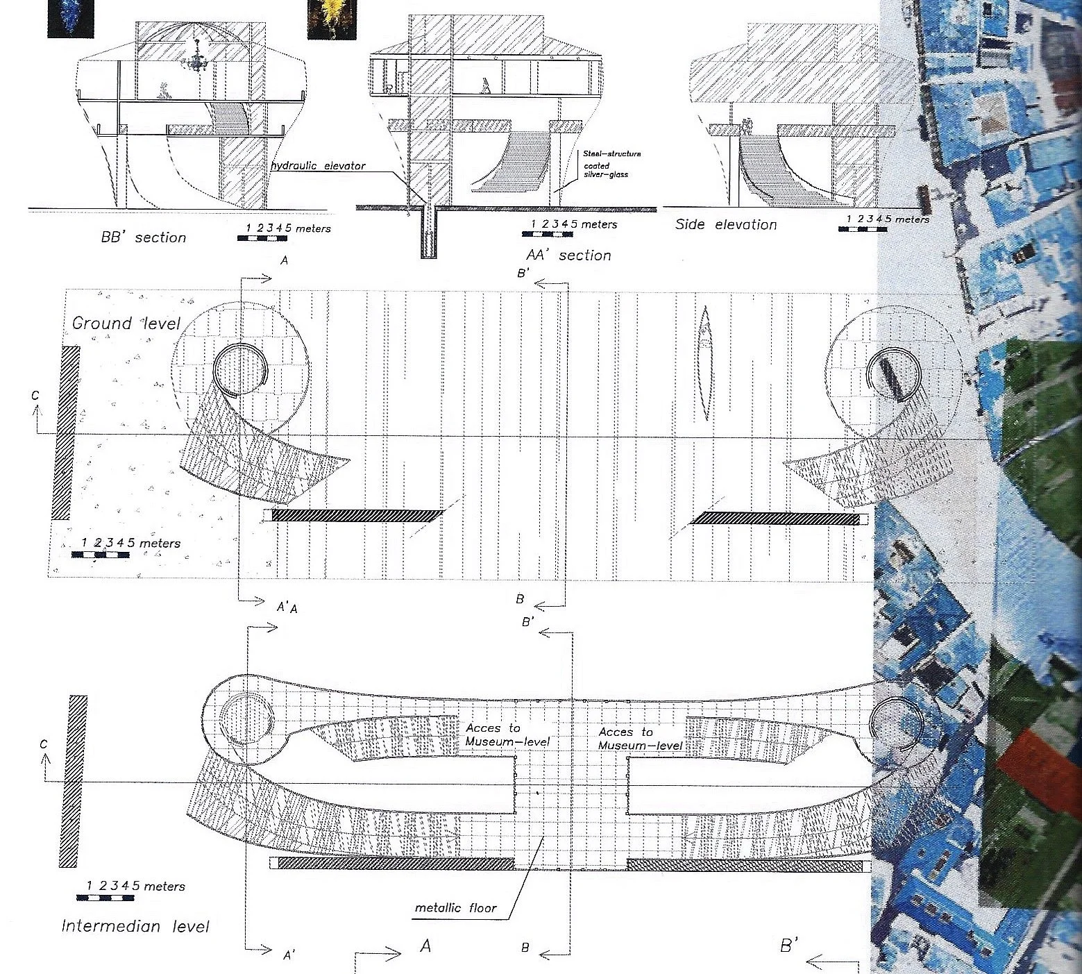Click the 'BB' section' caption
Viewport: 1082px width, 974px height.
click(x=144, y=237)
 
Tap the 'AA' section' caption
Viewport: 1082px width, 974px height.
click(x=568, y=255)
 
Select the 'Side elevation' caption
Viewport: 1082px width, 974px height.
click(x=726, y=224)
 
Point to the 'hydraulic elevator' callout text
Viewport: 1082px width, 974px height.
click(x=318, y=166)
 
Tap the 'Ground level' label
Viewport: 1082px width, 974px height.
click(x=126, y=323)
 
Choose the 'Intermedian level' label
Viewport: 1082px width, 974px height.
click(x=135, y=926)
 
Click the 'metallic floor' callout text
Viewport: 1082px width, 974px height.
click(x=455, y=907)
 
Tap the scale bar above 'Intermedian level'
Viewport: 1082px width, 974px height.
click(x=105, y=897)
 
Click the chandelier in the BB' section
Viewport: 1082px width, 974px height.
click(x=196, y=61)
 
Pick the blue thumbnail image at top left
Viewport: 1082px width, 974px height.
click(x=69, y=18)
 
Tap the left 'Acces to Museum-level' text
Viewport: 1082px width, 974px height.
click(x=507, y=735)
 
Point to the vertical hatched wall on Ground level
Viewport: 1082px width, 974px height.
click(x=66, y=433)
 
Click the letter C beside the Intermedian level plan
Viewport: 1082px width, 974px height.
click(x=44, y=744)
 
